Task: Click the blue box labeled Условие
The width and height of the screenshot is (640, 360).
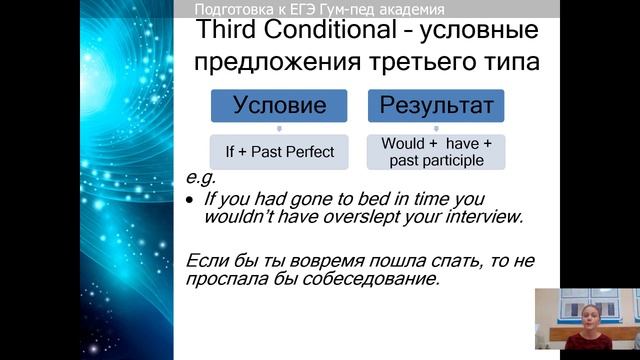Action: pyautogui.click(x=279, y=106)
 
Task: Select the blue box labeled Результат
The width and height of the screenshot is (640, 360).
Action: pyautogui.click(x=436, y=106)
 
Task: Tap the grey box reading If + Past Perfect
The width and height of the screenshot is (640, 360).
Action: pyautogui.click(x=279, y=151)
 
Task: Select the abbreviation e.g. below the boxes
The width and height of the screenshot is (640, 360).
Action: pyautogui.click(x=201, y=178)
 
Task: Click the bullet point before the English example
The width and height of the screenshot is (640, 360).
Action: pyautogui.click(x=191, y=199)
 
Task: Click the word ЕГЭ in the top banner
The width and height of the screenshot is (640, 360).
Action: pyautogui.click(x=300, y=9)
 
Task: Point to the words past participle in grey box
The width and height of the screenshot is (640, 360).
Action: pyautogui.click(x=436, y=159)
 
